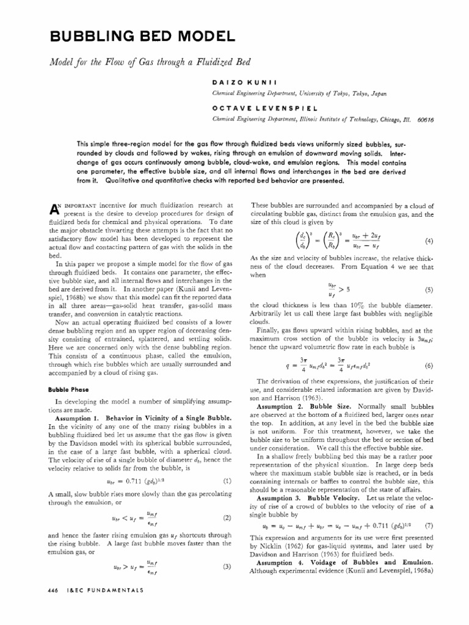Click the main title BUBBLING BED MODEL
click(141, 37)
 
